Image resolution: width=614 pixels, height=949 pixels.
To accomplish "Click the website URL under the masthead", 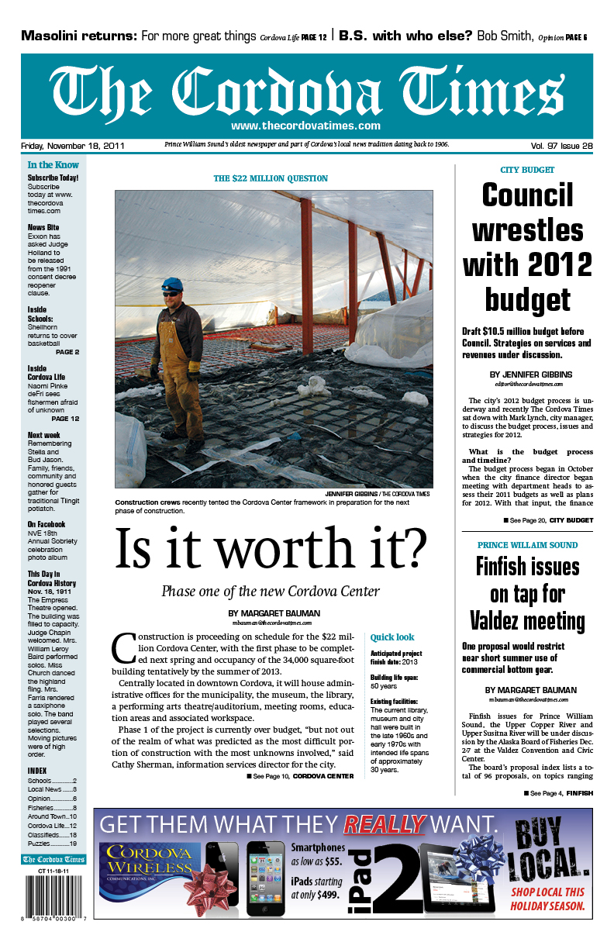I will point(305,126).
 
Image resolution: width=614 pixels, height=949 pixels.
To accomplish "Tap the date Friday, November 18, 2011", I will point(73,146).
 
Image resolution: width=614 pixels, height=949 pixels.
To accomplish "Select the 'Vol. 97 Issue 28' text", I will point(561,146).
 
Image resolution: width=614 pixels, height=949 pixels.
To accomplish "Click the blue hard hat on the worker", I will point(171,285).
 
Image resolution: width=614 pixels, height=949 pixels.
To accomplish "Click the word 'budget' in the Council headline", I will point(527,299).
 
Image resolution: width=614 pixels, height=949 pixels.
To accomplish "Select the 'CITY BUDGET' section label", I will point(527,170).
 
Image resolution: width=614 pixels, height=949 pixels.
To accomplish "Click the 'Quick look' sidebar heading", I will point(392,637).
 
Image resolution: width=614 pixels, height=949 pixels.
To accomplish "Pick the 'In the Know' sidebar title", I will point(53,165).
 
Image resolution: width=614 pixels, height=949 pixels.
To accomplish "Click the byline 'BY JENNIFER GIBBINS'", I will point(527,374).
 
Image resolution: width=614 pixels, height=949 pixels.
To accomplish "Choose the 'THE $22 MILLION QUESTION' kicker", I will point(271,178).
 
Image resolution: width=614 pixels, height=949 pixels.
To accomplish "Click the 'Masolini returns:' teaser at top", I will point(79,36).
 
